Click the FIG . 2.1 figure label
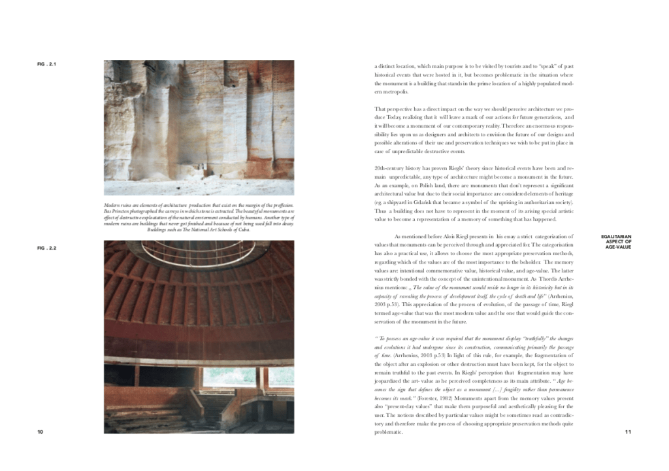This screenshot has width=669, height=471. (46, 64)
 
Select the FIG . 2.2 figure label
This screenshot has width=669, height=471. (46, 249)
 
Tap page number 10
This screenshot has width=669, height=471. (41, 432)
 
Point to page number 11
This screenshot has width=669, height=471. (628, 432)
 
